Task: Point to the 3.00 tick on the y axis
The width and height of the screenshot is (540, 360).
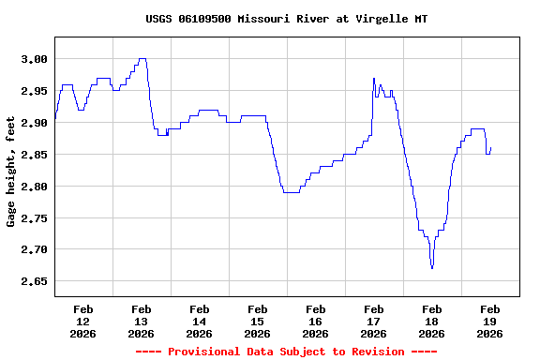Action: tap(34, 59)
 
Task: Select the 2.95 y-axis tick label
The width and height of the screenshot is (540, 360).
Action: tap(34, 91)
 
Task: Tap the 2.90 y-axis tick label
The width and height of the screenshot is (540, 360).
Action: tap(34, 123)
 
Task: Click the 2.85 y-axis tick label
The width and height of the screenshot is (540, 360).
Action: tap(34, 155)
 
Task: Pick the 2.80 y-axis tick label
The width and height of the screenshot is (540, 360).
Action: tap(34, 187)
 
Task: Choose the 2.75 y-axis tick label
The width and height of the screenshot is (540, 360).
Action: tap(34, 218)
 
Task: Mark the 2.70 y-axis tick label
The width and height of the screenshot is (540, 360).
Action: tap(34, 250)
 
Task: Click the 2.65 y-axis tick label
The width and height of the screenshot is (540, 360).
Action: tap(34, 281)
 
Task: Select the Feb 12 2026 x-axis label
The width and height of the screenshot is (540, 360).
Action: tap(82, 321)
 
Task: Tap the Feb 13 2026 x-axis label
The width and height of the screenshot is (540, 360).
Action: tap(141, 321)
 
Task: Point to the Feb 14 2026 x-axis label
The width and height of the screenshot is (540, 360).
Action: tap(199, 321)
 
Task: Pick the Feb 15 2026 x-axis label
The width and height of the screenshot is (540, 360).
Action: tap(257, 321)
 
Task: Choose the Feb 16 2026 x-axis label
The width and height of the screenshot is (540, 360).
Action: tap(315, 321)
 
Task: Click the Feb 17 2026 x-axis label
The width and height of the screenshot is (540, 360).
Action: tap(373, 321)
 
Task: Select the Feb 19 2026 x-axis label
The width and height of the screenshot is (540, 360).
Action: tap(489, 321)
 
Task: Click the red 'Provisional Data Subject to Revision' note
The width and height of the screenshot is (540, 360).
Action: tap(287, 352)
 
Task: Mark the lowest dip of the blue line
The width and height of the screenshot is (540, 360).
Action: tap(432, 268)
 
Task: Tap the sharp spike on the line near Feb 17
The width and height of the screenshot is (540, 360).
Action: tap(373, 79)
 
